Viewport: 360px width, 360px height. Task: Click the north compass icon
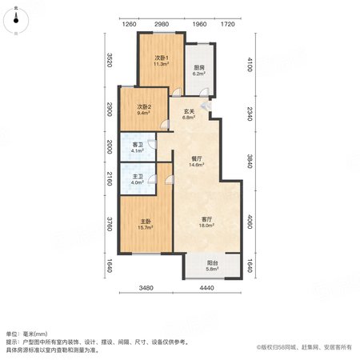coord(16,21)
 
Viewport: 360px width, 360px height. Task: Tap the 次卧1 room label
coord(162,58)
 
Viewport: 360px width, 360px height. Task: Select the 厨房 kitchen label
coord(199,68)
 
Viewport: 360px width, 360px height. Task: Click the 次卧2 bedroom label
coord(144,107)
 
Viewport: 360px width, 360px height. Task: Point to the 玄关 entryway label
coord(189,111)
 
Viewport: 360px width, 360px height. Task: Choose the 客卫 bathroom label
coord(138,145)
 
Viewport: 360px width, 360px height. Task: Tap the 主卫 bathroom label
coord(138,177)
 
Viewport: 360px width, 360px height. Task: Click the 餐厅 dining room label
coord(197,158)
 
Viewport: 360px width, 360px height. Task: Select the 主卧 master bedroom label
coord(146,222)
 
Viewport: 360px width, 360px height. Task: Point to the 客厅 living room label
coord(206,219)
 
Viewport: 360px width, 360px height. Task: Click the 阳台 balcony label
coord(212,263)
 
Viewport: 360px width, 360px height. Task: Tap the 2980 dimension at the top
coord(162,24)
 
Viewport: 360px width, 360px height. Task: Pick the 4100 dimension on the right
coord(250,64)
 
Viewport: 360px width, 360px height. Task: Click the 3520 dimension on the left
coord(110,60)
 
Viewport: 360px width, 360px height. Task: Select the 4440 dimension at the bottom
coord(206,288)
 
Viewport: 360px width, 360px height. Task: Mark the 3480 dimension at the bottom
coord(146,288)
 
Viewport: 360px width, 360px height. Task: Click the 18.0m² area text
coord(206,226)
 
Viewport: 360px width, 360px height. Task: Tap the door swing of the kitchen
coord(205,92)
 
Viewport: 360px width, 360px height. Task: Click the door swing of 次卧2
coord(165,125)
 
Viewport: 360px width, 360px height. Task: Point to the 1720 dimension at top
coord(228,24)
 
